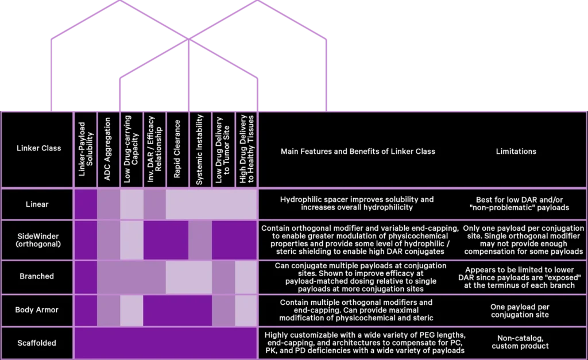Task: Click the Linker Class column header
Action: pos(38,148)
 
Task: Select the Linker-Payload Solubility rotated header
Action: pos(86,149)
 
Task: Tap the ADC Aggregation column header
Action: pos(107,149)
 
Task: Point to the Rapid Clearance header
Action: pos(177,149)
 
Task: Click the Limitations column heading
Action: pos(516,152)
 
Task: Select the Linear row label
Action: pos(37,204)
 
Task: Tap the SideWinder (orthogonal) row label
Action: pos(38,240)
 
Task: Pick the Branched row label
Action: pos(37,276)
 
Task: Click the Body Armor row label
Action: pos(37,309)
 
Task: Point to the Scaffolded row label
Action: pos(37,343)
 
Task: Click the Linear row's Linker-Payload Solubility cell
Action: pos(86,204)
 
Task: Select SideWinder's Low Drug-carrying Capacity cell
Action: pos(131,240)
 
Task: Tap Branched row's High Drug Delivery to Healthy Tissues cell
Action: pos(246,277)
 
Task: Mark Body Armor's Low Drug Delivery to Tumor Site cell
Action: pos(223,310)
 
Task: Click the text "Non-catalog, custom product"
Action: pos(520,342)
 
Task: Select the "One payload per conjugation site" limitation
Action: pos(520,311)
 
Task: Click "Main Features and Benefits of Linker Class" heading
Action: pos(358,152)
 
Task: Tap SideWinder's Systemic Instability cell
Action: pos(200,240)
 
